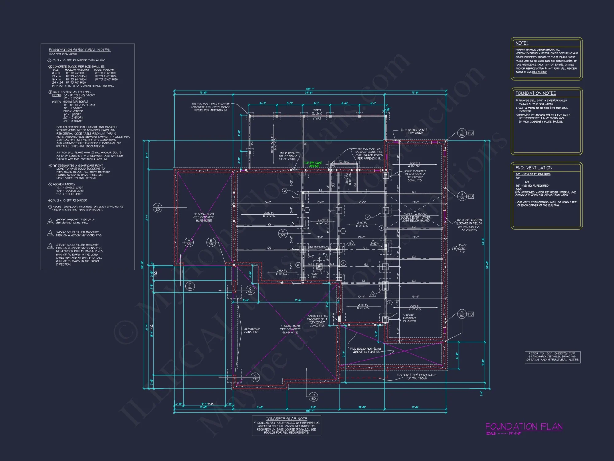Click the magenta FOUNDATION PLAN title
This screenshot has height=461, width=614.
click(524, 426)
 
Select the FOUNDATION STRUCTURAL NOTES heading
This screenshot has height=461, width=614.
click(80, 50)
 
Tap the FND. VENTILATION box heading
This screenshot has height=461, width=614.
click(534, 168)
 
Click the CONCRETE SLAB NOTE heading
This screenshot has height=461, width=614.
click(286, 419)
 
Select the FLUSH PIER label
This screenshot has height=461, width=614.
click(314, 275)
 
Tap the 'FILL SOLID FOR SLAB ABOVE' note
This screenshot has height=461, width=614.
click(365, 350)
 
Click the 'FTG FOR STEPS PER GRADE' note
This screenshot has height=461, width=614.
click(416, 376)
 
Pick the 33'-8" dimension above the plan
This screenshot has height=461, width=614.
click(309, 93)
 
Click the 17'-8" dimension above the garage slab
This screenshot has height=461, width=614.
click(298, 301)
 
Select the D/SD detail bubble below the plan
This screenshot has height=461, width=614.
click(313, 397)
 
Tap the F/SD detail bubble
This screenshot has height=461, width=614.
click(283, 234)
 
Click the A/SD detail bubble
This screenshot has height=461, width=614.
click(189, 242)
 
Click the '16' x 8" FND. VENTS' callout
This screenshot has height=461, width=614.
click(414, 131)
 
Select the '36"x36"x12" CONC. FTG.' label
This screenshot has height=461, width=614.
click(252, 330)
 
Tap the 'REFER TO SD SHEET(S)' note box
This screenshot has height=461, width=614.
click(552, 357)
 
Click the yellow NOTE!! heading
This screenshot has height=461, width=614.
click(522, 43)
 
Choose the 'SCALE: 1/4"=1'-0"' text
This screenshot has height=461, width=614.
click(503, 433)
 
